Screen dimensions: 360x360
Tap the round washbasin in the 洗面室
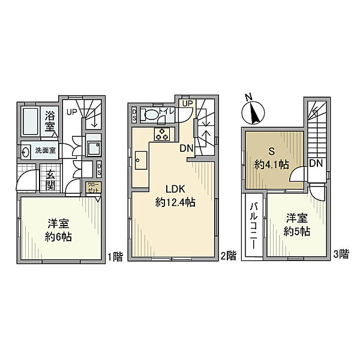(25, 151)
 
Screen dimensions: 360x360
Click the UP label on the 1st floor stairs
(71, 112)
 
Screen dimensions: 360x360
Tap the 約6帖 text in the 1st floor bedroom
(59, 236)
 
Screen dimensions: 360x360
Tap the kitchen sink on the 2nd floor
(141, 159)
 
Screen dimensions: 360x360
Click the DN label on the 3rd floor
(316, 163)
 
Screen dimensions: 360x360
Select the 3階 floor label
(340, 254)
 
